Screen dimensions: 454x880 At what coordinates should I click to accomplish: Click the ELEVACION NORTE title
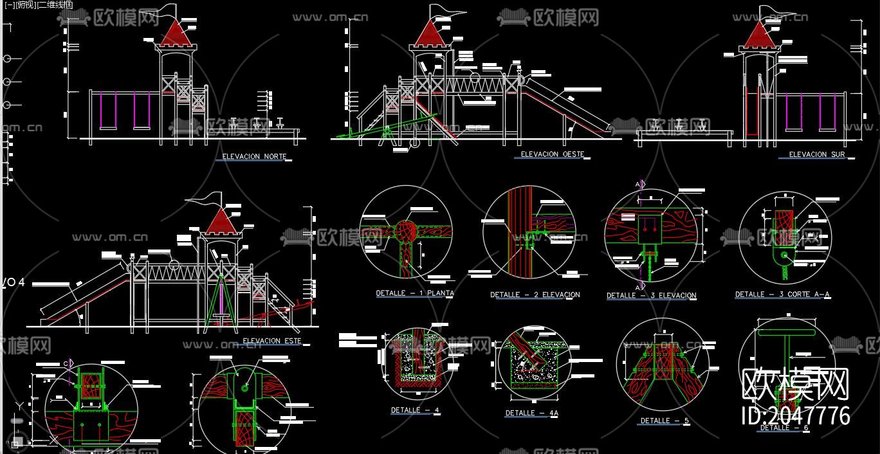coord(254,156)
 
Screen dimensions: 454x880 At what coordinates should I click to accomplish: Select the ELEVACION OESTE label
coord(552,154)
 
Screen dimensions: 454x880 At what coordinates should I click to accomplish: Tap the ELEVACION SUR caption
coord(817,154)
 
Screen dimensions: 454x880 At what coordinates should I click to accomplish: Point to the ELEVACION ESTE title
coord(271,341)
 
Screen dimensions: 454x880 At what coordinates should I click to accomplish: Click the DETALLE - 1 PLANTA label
coord(415,293)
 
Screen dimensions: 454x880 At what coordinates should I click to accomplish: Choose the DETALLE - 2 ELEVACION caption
coord(535,295)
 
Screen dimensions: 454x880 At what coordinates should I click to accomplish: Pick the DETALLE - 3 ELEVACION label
coord(651,296)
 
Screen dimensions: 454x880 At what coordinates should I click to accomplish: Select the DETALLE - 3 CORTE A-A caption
coord(782,295)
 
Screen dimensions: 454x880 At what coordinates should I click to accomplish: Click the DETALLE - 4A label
coord(531,413)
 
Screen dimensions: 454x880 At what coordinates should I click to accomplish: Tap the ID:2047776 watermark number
coord(796,415)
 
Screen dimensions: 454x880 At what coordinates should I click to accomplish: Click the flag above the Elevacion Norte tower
coord(167,11)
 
